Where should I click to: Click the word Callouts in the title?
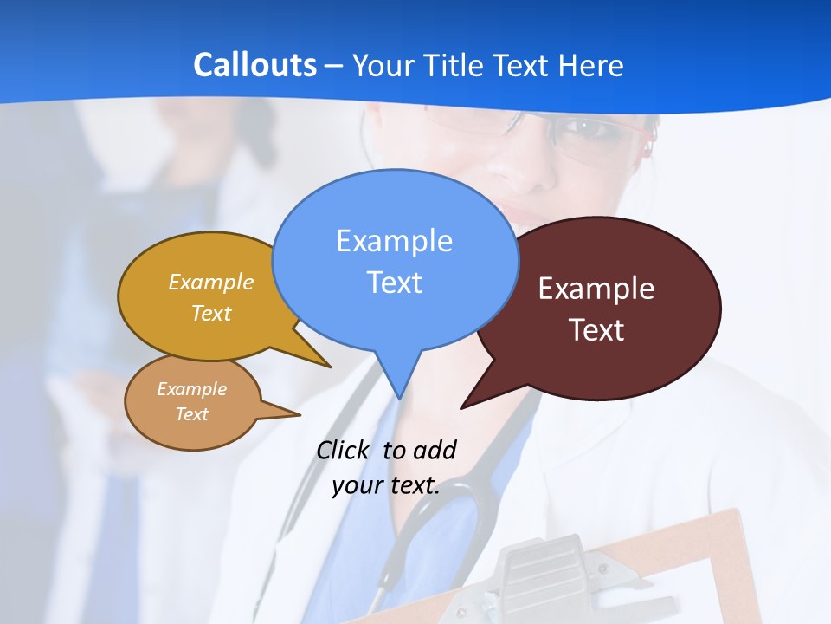point(254,65)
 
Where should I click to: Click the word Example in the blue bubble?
point(394,241)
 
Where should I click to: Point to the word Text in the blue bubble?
point(394,283)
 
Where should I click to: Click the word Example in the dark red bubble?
point(596,289)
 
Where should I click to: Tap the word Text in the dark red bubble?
point(596,330)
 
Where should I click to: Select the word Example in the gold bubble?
point(211,282)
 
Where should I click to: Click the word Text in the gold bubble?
point(211,313)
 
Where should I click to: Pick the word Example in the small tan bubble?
point(191,389)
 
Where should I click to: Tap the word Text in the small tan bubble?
point(191,414)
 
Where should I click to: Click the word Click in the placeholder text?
point(345,450)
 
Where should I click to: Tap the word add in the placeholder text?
point(435,450)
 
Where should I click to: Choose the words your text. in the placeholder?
point(386,484)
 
